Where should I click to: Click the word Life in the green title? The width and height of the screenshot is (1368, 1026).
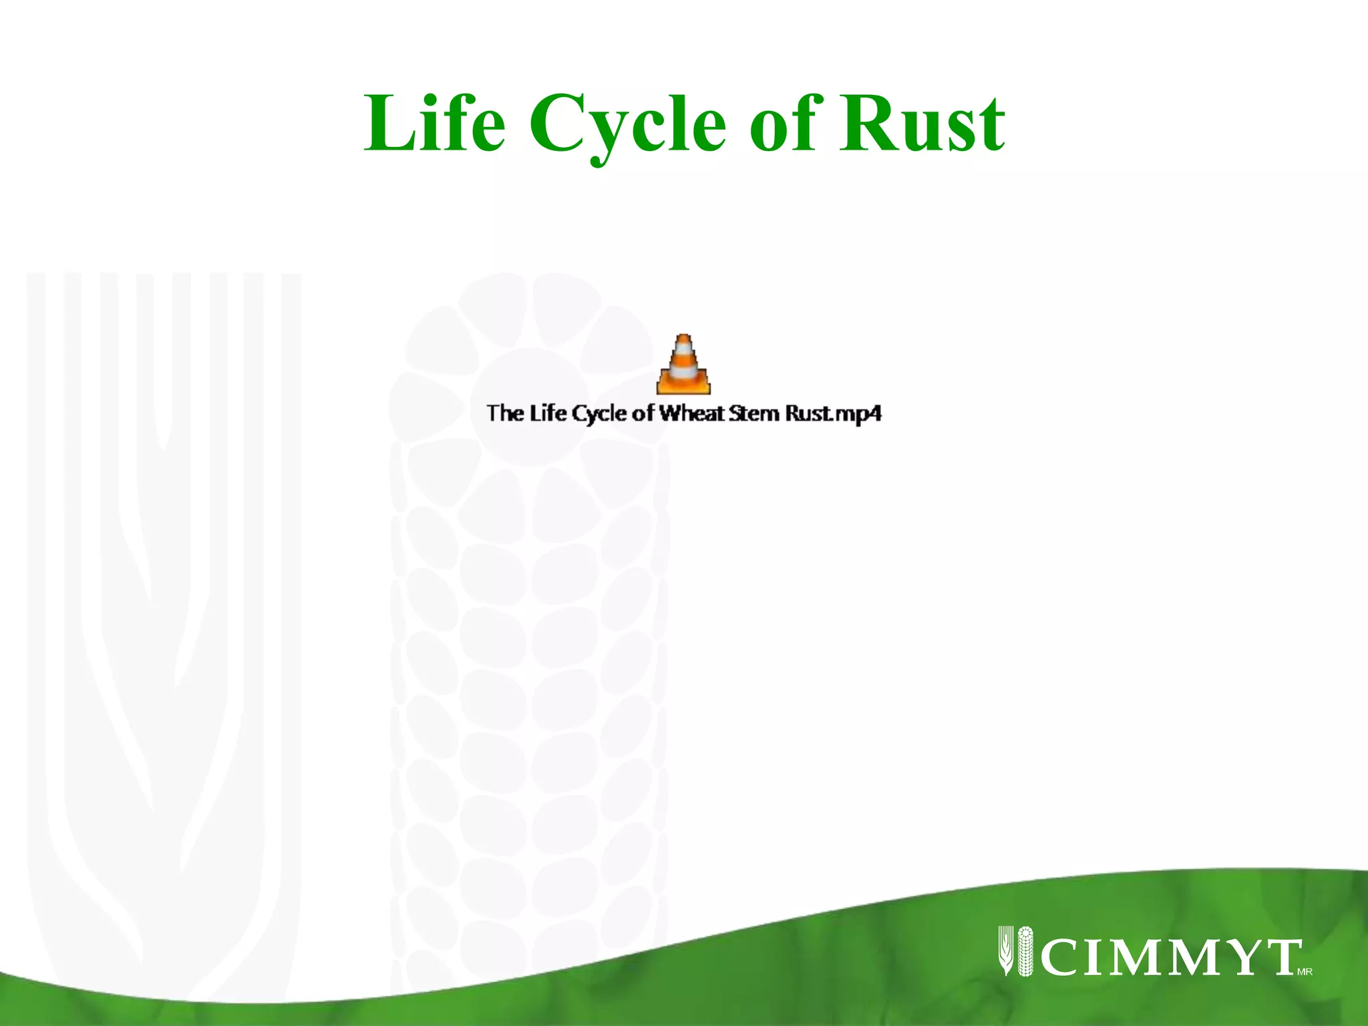(434, 124)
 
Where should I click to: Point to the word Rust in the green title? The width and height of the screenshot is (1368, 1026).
(922, 124)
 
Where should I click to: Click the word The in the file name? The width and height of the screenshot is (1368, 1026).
(505, 413)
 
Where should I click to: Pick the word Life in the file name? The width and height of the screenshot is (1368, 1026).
(548, 413)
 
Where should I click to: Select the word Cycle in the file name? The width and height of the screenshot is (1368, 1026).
(599, 414)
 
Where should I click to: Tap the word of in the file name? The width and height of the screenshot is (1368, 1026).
(643, 413)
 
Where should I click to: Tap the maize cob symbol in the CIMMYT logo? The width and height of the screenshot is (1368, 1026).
(1025, 951)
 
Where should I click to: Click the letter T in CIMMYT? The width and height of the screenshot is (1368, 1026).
(1279, 957)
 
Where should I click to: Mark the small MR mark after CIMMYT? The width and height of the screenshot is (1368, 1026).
(1305, 972)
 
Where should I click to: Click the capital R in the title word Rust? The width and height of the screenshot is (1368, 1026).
(866, 124)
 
